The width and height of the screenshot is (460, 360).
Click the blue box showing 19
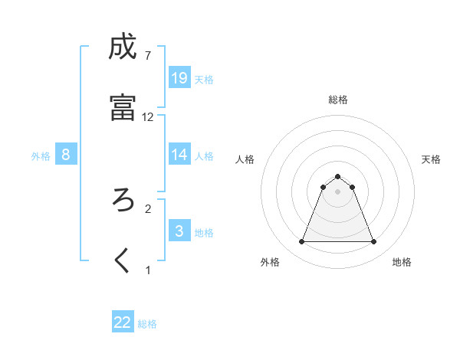pos(179,78)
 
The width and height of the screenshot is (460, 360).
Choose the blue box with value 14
pos(179,155)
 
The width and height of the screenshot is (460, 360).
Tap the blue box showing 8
pos(66,155)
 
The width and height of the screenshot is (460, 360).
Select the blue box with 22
pos(123,322)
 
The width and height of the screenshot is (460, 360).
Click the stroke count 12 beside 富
pos(148,117)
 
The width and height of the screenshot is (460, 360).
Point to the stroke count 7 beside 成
pos(147,55)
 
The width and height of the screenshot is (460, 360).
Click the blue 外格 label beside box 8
pos(41,155)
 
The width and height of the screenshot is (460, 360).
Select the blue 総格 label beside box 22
pos(147,324)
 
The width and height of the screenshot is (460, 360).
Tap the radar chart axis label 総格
pos(338,100)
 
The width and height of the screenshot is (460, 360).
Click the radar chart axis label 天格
pos(431,159)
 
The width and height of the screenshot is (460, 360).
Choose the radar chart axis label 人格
pos(245,159)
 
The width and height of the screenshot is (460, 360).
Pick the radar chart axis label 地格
pos(402,262)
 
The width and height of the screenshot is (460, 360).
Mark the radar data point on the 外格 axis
pos(301,242)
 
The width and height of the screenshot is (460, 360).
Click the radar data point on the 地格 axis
pos(374,242)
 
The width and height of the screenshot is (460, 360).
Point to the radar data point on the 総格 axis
pos(338,177)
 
